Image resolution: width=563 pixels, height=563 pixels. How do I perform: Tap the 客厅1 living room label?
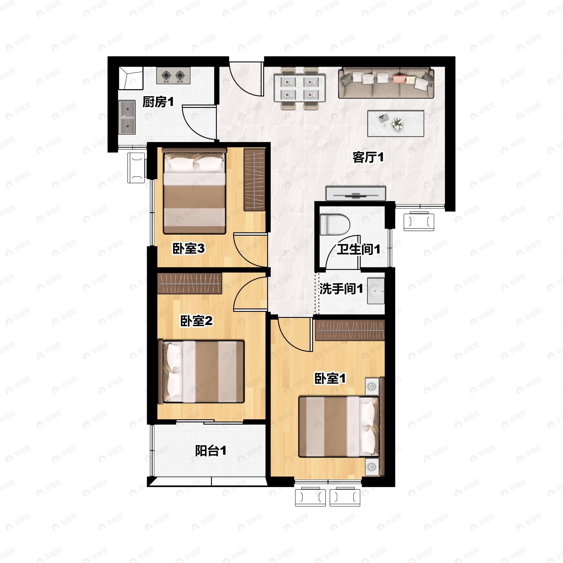pyautogui.click(x=368, y=157)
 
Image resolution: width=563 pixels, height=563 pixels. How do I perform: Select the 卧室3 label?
pyautogui.click(x=189, y=249)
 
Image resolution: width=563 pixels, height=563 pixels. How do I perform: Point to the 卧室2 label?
pyautogui.click(x=196, y=321)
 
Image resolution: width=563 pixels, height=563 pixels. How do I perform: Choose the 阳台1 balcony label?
pyautogui.click(x=211, y=451)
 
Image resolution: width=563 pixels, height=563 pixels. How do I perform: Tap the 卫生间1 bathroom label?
pyautogui.click(x=358, y=249)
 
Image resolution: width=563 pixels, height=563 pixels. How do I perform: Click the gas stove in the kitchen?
pyautogui.click(x=173, y=76)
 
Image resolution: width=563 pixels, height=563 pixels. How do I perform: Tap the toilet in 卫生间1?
pyautogui.click(x=335, y=225)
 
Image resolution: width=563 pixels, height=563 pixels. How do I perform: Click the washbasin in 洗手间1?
pyautogui.click(x=376, y=291)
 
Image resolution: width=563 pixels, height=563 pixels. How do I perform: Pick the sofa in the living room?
pyautogui.click(x=386, y=83)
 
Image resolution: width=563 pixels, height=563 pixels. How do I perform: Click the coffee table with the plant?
pyautogui.click(x=396, y=124)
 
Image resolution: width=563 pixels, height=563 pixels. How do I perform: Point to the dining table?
pyautogui.click(x=299, y=88)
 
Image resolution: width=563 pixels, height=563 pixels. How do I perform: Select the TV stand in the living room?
pyautogui.click(x=356, y=194)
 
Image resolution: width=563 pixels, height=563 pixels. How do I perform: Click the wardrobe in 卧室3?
pyautogui.click(x=254, y=180)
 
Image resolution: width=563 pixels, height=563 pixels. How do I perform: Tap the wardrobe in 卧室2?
pyautogui.click(x=190, y=283)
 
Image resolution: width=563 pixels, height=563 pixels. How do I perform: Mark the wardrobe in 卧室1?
pyautogui.click(x=350, y=330)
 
